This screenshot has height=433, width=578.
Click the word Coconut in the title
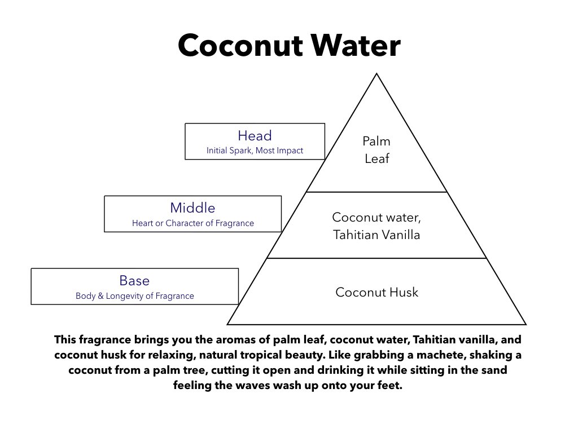[x=240, y=46]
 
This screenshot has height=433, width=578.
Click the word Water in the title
[x=356, y=45]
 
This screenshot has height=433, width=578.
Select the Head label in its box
[x=255, y=135]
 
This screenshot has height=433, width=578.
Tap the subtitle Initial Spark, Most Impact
[x=255, y=150]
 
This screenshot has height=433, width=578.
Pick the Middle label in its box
[x=192, y=207]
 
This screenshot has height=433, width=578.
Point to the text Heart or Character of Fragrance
[x=193, y=223]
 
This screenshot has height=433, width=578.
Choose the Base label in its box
[x=134, y=281]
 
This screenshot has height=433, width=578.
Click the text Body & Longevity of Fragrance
[x=134, y=295]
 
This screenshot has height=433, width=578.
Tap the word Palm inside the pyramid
[x=376, y=141]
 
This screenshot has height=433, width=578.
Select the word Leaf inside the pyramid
[x=376, y=158]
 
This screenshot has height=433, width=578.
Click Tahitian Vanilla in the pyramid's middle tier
[x=376, y=235]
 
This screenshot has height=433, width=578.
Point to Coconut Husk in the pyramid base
[x=376, y=292]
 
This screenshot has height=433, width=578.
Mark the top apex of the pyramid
[x=376, y=74]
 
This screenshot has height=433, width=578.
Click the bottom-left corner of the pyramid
[x=227, y=324]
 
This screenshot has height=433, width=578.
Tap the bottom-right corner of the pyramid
[x=526, y=324]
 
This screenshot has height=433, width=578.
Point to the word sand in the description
[x=494, y=370]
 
